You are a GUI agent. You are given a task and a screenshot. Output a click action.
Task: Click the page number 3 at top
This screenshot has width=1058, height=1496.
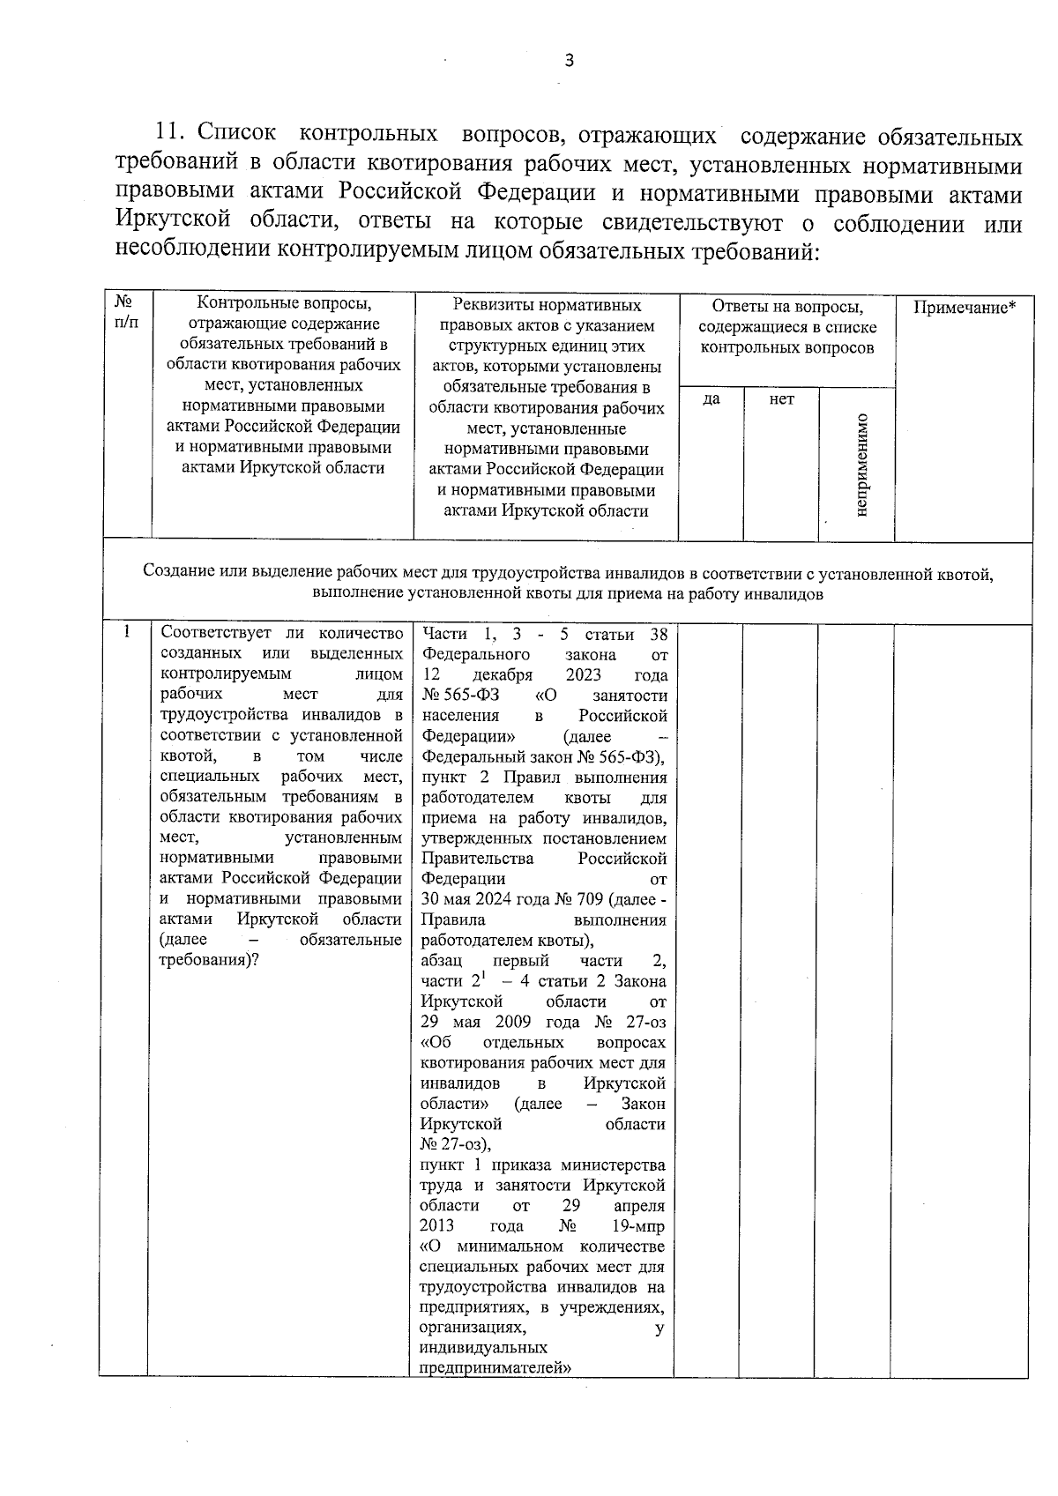[x=569, y=61]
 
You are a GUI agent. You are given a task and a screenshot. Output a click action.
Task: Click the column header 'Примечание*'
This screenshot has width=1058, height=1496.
[x=964, y=308]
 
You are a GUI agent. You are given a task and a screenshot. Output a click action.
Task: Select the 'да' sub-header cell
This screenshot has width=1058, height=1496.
[x=711, y=399]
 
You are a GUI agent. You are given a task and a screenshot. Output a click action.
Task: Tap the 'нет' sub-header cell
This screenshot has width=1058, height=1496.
[x=781, y=399]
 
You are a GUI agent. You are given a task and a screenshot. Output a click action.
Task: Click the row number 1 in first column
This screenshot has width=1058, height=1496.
[x=127, y=632]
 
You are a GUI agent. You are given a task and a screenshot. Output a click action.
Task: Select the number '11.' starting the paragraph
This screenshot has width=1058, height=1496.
[x=172, y=135]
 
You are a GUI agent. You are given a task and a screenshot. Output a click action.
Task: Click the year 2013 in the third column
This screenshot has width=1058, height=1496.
[x=436, y=1226]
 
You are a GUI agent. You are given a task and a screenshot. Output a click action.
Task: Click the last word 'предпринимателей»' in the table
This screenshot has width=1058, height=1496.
[x=495, y=1368]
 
